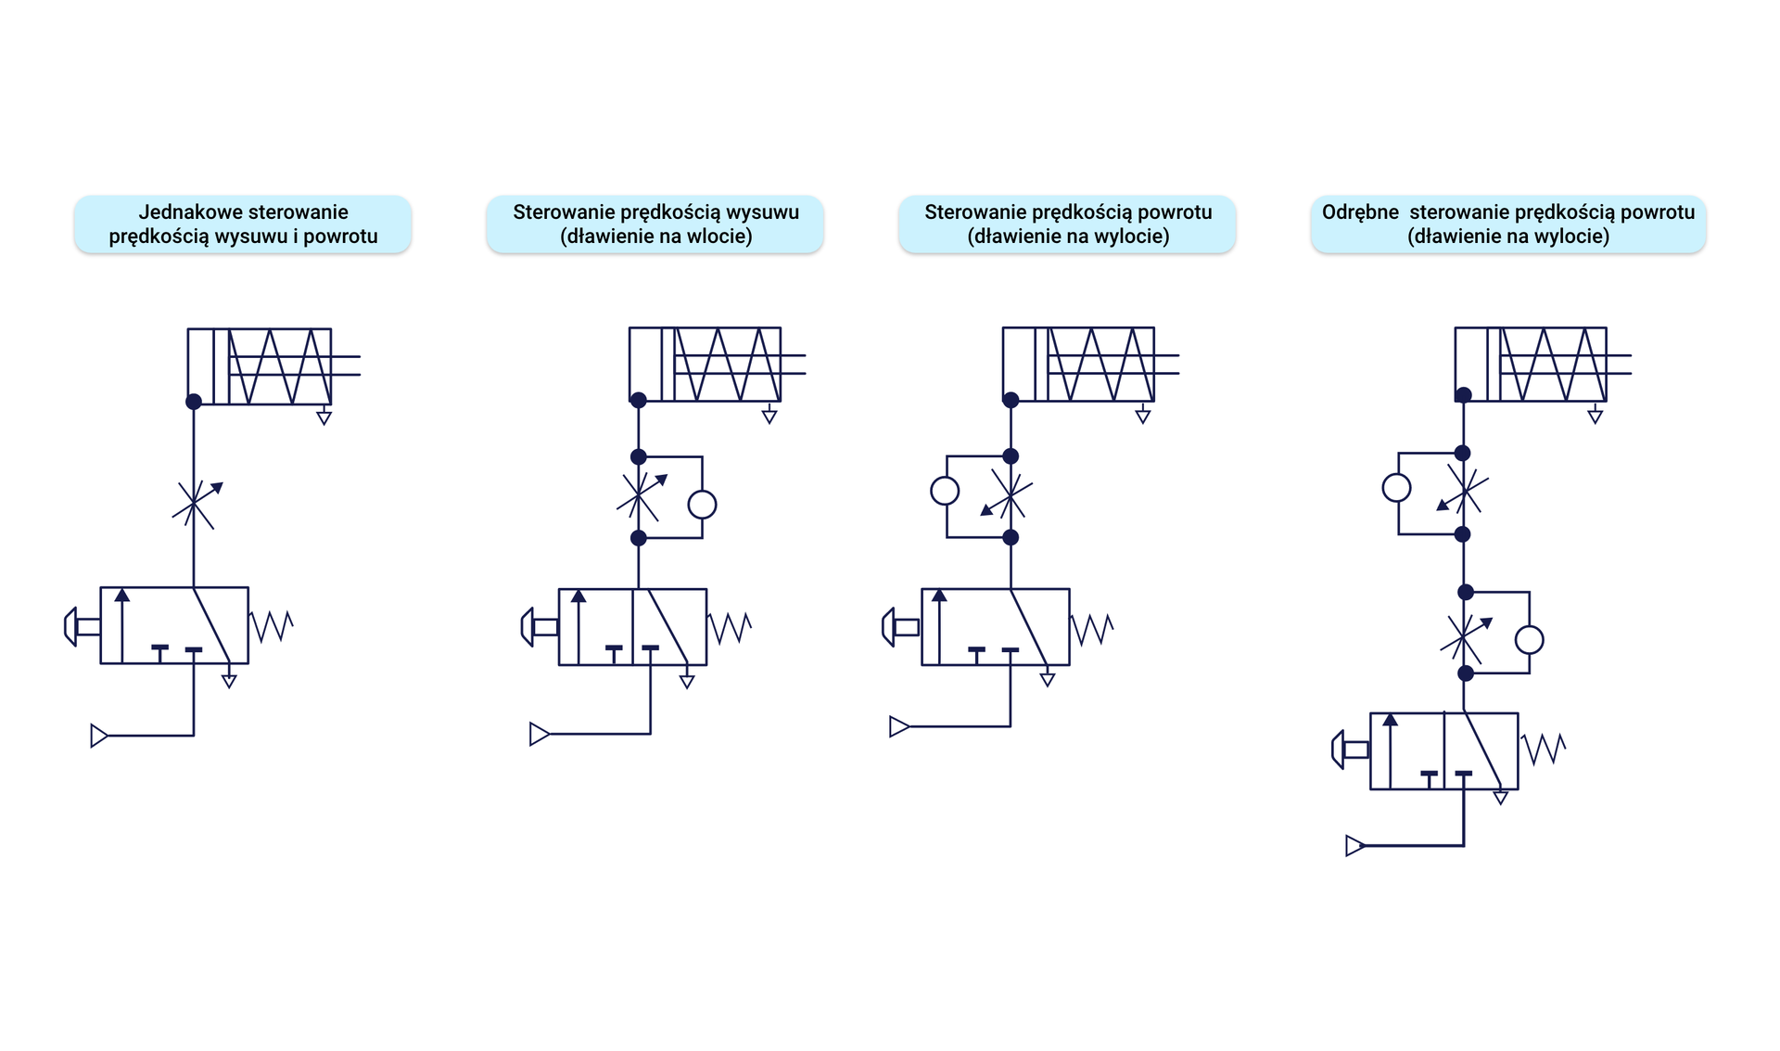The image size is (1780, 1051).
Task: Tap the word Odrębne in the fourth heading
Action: pos(1360,212)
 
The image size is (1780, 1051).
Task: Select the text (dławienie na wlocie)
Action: pos(655,237)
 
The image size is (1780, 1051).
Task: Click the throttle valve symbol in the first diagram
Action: pos(194,505)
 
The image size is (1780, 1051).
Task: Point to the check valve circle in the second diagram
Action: pos(702,505)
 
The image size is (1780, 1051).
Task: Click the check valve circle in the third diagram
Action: pos(945,491)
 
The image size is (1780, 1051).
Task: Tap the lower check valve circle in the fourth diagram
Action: pos(1529,640)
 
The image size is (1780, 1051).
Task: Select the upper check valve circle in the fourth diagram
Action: pos(1396,488)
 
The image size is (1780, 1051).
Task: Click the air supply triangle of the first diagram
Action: pos(98,736)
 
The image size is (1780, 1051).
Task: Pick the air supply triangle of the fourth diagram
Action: pos(1354,846)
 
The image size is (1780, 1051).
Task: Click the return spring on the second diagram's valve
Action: pos(731,628)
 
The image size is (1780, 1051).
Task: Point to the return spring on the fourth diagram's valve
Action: pos(1544,749)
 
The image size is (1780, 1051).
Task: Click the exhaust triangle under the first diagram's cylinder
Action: pos(324,418)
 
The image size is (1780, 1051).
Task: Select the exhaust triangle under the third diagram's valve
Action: pos(1048,681)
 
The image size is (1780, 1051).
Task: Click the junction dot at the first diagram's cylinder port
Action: pos(194,402)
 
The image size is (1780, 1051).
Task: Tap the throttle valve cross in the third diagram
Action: pos(1009,496)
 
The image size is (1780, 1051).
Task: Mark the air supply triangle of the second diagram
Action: pos(539,735)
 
